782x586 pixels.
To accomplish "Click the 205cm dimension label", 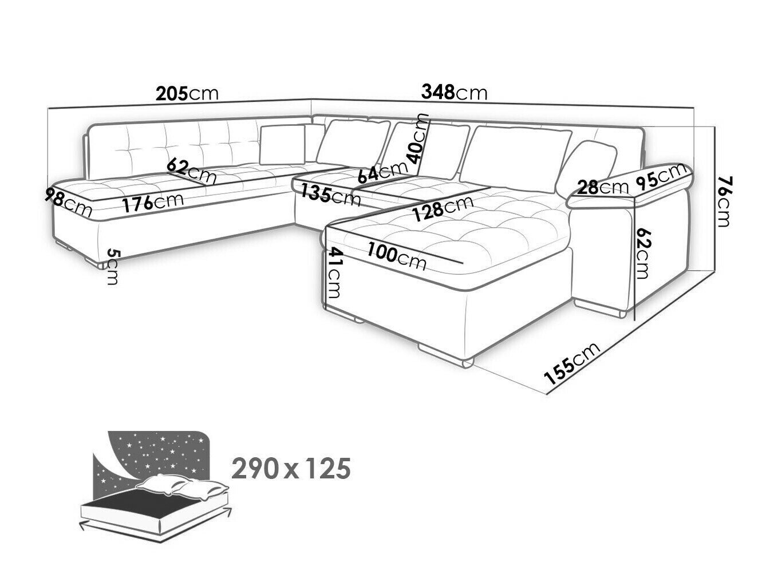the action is tap(187, 93).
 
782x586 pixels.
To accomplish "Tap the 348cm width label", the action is tap(454, 92).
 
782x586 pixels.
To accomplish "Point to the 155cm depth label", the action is tap(571, 363).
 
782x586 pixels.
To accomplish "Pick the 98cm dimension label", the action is tap(68, 203).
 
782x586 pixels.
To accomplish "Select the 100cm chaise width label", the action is tap(397, 256).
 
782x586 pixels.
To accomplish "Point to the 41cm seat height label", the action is tap(334, 273).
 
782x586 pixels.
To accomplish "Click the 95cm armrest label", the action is tap(661, 177).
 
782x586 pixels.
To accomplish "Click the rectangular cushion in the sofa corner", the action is tap(283, 145).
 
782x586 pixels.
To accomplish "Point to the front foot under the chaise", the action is tap(445, 355).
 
